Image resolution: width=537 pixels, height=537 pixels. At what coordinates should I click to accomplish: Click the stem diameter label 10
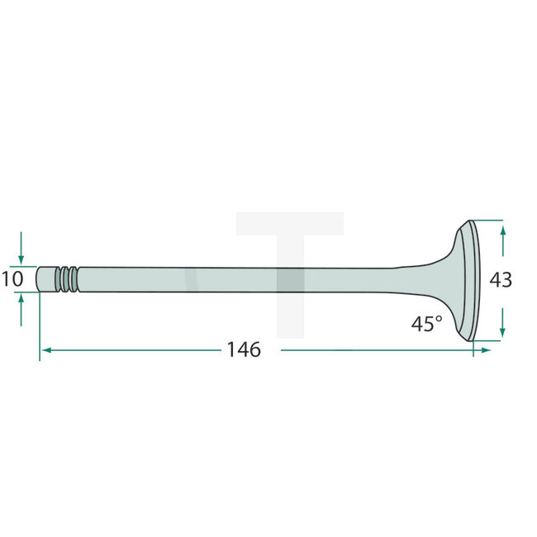[12, 279]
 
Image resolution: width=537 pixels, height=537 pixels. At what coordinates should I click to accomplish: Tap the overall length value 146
[245, 349]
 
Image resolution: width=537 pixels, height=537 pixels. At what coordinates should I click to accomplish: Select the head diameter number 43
[501, 280]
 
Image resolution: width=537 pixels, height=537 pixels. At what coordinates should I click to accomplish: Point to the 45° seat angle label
[427, 324]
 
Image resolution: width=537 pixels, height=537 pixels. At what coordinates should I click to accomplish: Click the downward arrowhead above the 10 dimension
[21, 260]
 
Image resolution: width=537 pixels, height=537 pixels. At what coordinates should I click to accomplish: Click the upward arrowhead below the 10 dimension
[21, 298]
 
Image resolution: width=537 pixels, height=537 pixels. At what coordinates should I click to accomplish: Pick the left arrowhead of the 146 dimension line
[46, 350]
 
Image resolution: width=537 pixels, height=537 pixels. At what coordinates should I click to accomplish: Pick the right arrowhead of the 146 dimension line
[486, 350]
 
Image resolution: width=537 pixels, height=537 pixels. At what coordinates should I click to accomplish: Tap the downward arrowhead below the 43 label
[502, 332]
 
